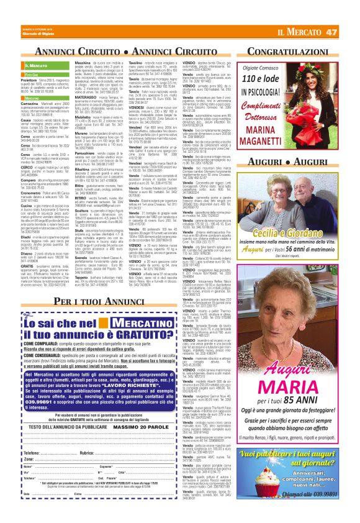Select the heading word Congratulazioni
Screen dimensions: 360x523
pos(305,48)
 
